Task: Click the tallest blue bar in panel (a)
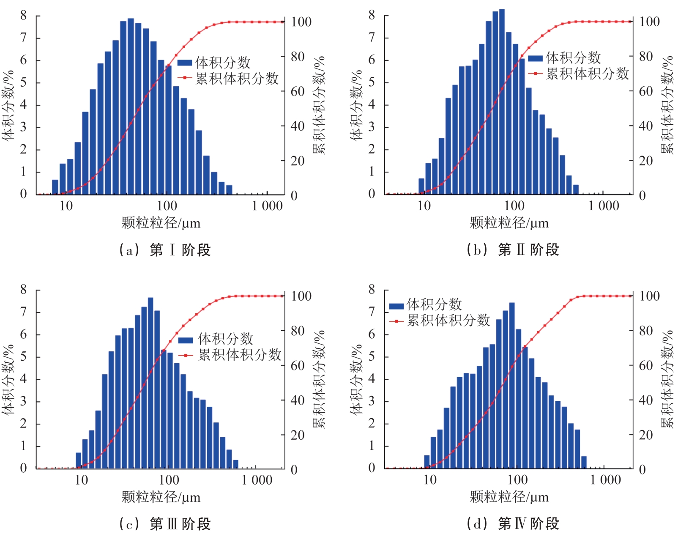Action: [131, 106]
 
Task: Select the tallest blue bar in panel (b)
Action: [502, 101]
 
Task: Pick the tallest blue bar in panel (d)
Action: [512, 385]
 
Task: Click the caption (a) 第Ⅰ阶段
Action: [165, 250]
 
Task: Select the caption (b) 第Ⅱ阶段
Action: [513, 249]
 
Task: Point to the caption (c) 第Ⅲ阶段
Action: [165, 524]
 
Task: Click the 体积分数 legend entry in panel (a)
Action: [214, 63]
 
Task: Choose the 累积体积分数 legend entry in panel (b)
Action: [579, 74]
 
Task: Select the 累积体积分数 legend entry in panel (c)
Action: [230, 355]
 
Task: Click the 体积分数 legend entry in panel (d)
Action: [426, 304]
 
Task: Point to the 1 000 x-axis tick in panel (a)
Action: [267, 206]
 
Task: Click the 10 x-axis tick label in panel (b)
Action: [424, 206]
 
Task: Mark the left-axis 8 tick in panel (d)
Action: [372, 289]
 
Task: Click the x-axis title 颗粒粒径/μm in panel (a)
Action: [161, 223]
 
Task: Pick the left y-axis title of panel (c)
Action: [8, 379]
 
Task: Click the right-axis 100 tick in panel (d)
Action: [649, 296]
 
